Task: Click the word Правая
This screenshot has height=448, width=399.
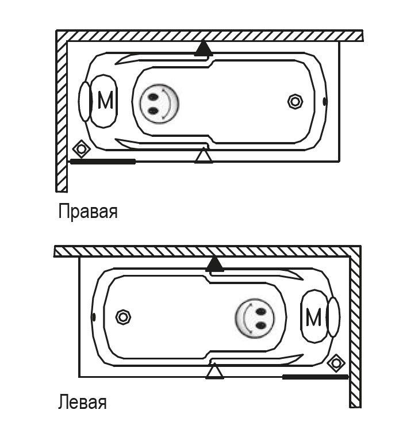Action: [88, 212]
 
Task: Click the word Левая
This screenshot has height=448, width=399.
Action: [82, 401]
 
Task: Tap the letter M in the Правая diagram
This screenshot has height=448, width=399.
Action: [105, 101]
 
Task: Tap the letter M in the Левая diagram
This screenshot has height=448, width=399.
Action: [313, 317]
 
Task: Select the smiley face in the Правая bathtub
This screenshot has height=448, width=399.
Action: [159, 103]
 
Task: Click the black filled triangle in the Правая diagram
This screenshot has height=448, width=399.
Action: [202, 49]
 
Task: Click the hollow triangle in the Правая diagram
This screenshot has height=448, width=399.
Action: [203, 155]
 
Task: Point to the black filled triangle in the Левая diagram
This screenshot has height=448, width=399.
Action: [215, 264]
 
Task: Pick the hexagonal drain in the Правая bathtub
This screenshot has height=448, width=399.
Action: [296, 102]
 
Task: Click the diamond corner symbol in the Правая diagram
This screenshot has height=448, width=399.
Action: [82, 149]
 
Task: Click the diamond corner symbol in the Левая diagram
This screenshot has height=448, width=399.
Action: [336, 363]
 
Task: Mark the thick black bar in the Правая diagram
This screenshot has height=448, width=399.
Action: [103, 162]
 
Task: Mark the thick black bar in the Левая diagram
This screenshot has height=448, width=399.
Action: [315, 377]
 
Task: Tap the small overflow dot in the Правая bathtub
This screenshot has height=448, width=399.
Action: [325, 102]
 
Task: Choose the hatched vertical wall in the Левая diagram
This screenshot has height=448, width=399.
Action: [356, 328]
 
